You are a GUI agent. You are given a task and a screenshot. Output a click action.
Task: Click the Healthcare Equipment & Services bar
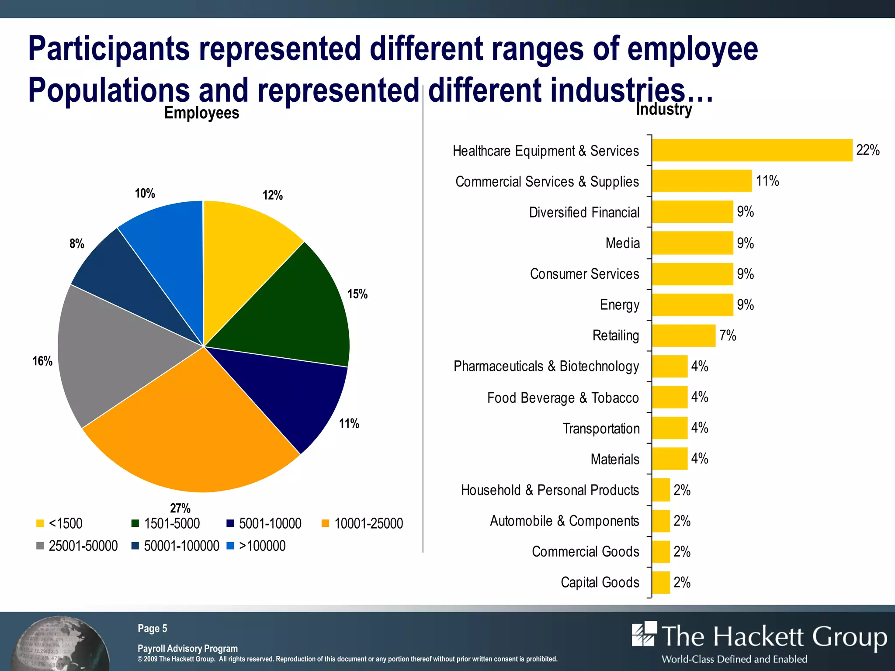pos(752,150)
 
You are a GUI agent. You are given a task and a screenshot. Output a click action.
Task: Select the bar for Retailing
pos(684,335)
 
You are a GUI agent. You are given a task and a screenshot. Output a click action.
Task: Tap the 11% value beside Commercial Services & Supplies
pos(767,181)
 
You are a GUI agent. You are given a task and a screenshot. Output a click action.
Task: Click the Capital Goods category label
pos(600,582)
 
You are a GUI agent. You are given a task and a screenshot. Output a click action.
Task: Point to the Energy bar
pos(693,304)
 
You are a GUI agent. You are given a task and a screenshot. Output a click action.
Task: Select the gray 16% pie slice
pos(109,354)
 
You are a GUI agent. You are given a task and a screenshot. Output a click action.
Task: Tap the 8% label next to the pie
pos(77,244)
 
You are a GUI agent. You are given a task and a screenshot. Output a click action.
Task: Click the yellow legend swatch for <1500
pos(40,523)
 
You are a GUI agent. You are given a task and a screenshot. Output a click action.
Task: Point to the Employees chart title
pos(201,113)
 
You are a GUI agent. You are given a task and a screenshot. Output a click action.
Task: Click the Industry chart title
pos(664,109)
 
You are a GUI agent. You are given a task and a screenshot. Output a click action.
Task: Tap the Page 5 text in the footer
pos(152,628)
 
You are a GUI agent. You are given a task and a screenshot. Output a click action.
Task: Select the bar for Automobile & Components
pos(661,521)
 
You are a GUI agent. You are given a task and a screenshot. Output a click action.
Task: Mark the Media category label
pos(622,243)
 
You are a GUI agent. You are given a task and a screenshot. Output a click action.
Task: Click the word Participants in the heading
pos(109,49)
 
